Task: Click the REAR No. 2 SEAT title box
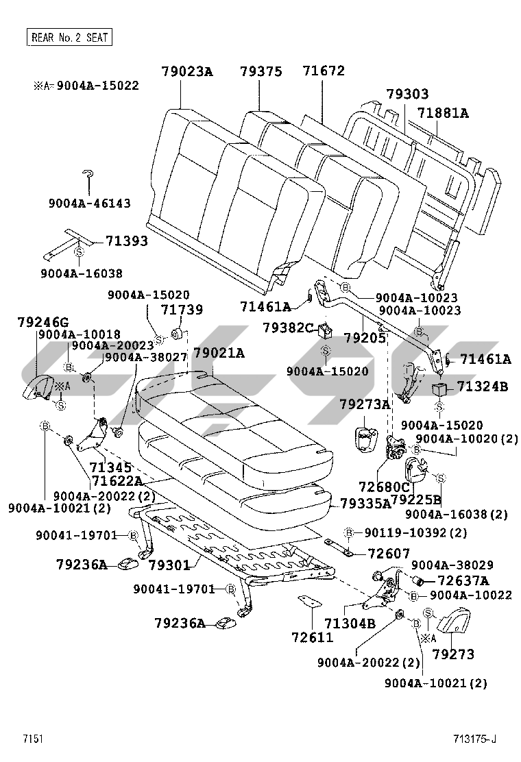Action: pyautogui.click(x=69, y=37)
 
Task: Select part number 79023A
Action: pyautogui.click(x=187, y=71)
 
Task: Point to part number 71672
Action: pyautogui.click(x=324, y=71)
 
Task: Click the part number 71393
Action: pyautogui.click(x=126, y=241)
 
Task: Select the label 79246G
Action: pyautogui.click(x=43, y=322)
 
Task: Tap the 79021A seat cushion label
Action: pyautogui.click(x=218, y=354)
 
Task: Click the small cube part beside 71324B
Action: pyautogui.click(x=439, y=390)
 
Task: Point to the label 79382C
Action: pyautogui.click(x=288, y=328)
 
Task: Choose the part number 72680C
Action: pyautogui.click(x=384, y=487)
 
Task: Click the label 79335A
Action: pyautogui.click(x=366, y=504)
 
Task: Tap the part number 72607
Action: pyautogui.click(x=388, y=553)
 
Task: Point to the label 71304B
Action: pyautogui.click(x=350, y=623)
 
